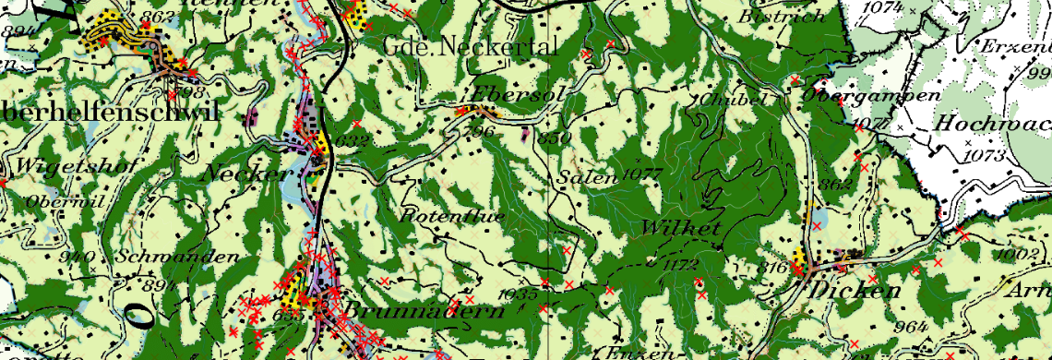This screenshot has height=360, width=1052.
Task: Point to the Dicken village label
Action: (855, 291)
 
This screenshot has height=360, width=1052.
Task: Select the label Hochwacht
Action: (992, 123)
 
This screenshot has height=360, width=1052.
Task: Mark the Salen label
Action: (585, 178)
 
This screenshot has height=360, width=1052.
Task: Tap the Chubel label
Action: (722, 100)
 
